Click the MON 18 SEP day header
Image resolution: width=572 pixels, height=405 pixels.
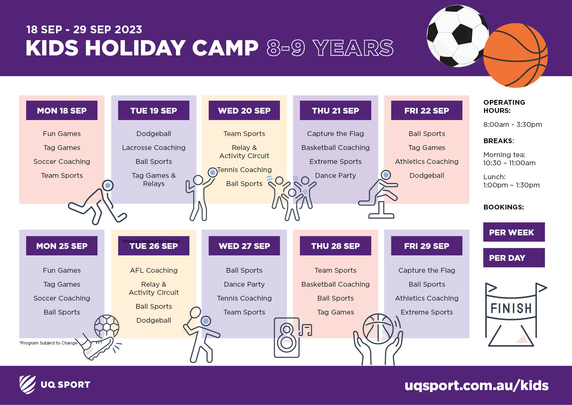62,110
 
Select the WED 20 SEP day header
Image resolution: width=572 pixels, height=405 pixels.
244,110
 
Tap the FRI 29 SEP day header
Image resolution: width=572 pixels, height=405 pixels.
427,246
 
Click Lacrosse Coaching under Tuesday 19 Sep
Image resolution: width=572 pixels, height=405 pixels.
154,148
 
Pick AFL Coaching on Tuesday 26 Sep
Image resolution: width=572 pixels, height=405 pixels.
154,270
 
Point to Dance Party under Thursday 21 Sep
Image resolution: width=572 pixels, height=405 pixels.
336,175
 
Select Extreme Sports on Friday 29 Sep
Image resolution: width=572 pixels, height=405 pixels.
427,312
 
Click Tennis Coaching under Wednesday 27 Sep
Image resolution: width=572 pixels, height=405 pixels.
244,298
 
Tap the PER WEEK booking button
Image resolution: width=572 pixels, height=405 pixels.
514,232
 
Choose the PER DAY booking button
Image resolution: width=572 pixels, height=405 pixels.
514,257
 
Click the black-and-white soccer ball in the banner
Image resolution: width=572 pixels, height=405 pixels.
457,36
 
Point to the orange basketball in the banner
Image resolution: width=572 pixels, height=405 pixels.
515,55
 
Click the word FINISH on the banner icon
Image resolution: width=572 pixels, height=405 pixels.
511,308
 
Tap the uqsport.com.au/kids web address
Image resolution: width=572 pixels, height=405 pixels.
477,385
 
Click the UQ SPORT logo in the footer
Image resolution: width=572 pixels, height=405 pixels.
55,385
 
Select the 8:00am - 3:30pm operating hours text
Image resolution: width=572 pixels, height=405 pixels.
513,124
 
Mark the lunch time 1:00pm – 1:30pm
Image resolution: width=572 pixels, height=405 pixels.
512,185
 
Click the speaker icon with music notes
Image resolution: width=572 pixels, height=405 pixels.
292,337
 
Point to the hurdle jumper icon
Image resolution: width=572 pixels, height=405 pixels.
378,194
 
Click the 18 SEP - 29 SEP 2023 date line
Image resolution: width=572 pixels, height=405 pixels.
84,30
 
